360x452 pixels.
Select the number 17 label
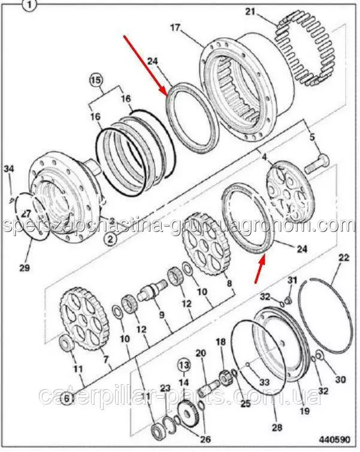174,27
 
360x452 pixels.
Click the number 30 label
340,379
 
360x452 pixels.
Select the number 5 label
311,137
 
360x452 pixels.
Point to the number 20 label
200,354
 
